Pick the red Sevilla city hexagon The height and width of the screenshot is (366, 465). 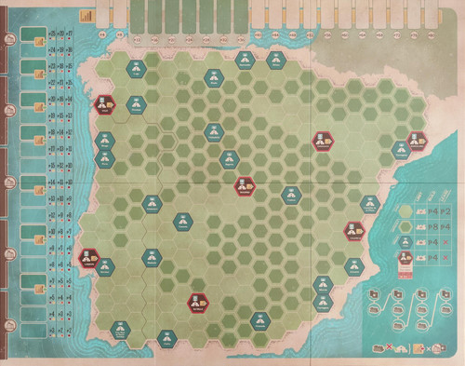(x=198, y=302)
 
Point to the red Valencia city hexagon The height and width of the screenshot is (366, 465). (x=354, y=228)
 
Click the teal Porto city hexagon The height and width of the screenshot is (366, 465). (x=104, y=142)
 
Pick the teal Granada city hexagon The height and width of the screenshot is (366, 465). (x=259, y=321)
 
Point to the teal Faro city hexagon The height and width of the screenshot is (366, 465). (x=120, y=328)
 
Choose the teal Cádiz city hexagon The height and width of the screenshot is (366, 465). (x=167, y=336)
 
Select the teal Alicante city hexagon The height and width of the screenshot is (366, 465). (x=353, y=266)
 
